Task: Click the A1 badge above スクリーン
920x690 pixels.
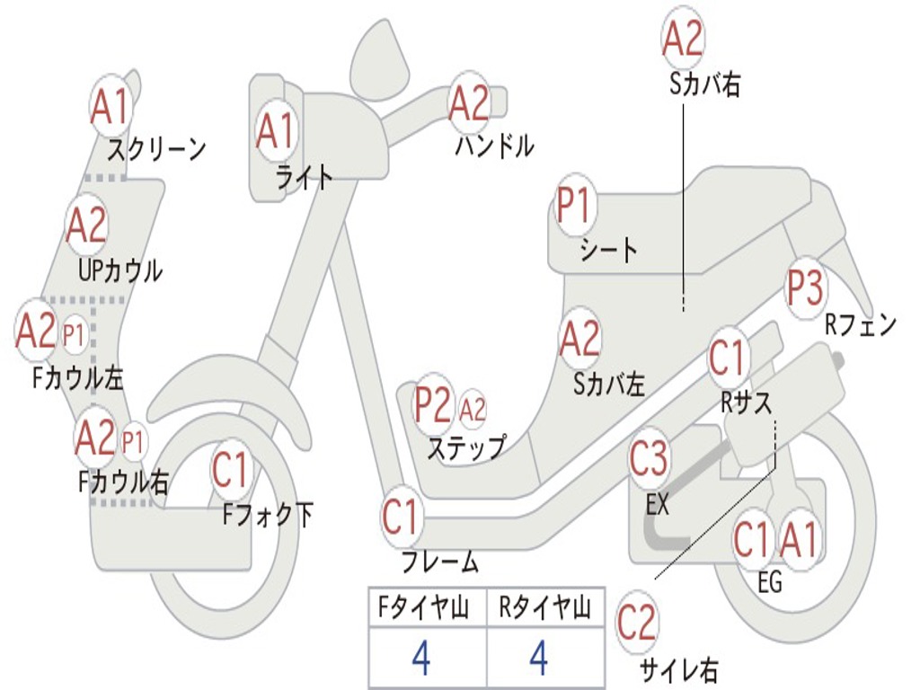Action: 111,107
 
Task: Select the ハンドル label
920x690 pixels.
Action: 493,146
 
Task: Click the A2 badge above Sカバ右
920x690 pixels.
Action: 683,38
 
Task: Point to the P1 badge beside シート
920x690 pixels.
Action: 574,206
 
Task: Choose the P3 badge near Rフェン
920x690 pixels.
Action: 805,287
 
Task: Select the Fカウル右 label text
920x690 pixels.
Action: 123,482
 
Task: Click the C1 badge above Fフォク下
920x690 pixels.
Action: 231,470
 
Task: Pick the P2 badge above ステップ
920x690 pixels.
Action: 433,405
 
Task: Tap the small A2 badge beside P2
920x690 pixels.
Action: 473,410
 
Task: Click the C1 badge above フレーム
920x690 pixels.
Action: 402,517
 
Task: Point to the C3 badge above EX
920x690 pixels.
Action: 650,460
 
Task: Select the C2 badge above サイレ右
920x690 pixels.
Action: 638,622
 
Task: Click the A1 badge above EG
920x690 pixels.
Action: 800,540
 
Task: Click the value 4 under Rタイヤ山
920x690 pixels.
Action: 539,658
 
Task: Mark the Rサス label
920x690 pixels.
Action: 746,403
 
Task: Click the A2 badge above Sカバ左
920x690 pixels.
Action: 579,340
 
